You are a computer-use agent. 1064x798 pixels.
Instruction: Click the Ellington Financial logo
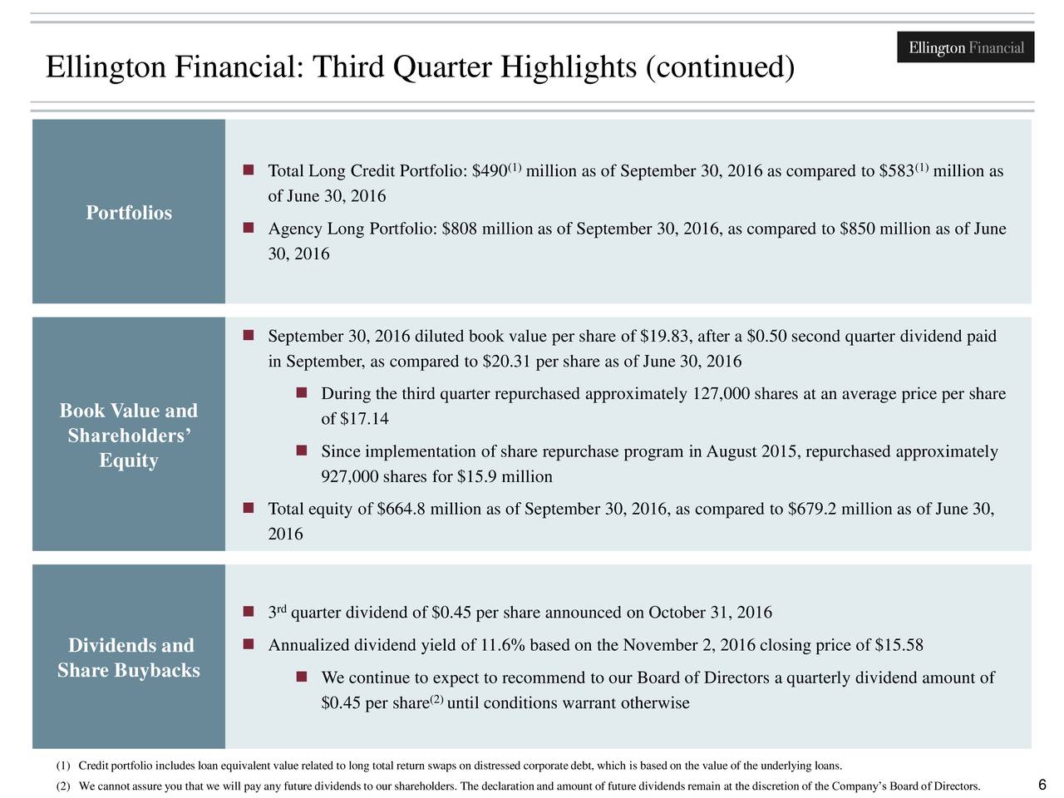[966, 47]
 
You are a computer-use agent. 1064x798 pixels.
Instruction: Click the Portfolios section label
[129, 213]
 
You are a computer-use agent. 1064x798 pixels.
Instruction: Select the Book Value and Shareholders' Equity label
[129, 436]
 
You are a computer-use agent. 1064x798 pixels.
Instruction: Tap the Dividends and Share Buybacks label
[129, 658]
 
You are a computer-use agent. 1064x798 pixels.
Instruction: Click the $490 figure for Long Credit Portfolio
[490, 172]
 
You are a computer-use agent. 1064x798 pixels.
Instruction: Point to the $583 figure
[896, 172]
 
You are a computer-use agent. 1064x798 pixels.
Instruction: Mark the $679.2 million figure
[812, 510]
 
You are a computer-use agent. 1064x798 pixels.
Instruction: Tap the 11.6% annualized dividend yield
[503, 647]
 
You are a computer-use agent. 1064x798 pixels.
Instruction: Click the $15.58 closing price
[900, 647]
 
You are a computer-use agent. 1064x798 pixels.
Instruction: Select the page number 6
[1042, 785]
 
